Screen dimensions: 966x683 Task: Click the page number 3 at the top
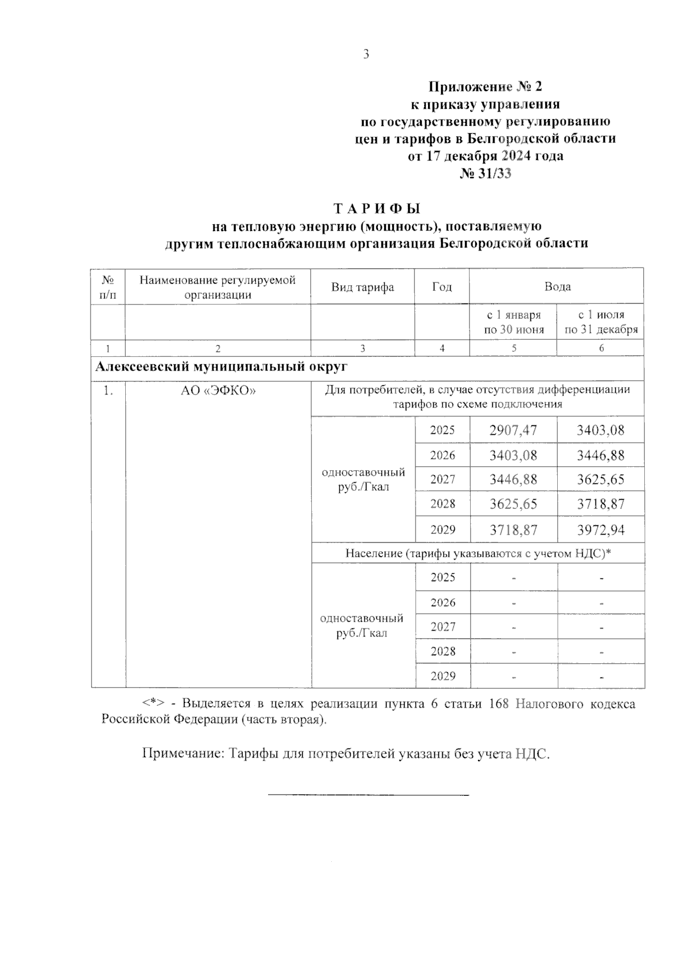tap(365, 55)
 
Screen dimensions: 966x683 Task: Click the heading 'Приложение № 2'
tap(485, 87)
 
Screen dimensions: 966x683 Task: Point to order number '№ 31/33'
tap(485, 174)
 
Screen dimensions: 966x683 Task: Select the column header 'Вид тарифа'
tap(363, 287)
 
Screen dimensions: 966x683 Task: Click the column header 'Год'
tap(442, 287)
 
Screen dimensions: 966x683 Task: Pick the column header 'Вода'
tap(557, 287)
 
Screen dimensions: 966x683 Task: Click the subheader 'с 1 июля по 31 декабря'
tap(601, 322)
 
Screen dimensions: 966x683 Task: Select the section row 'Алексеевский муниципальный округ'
tap(221, 367)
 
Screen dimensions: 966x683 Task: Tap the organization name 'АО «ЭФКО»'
tap(218, 390)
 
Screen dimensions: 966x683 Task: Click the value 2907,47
tap(513, 430)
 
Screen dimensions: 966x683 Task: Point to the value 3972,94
tap(600, 531)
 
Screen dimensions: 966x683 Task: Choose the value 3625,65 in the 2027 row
tap(600, 480)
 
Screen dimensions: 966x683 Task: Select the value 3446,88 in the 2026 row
tap(600, 455)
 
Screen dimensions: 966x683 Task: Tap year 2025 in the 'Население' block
tap(443, 578)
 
